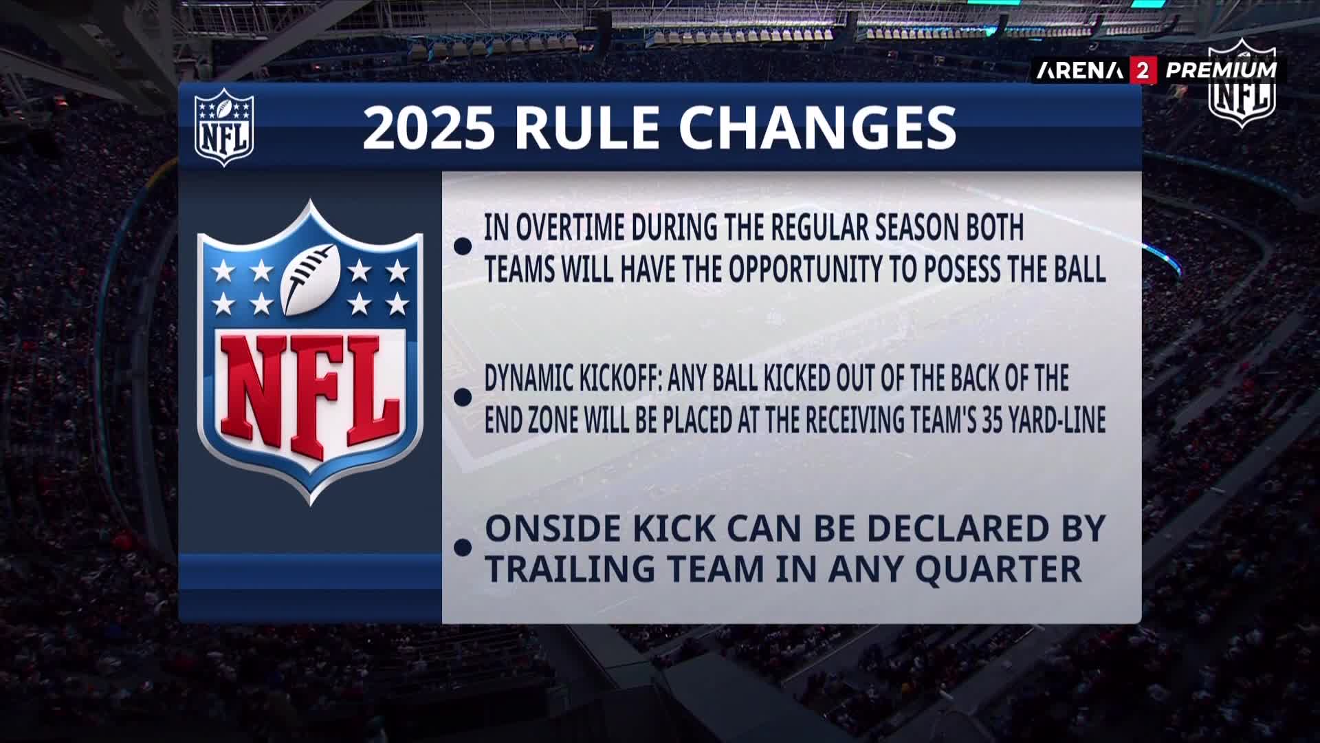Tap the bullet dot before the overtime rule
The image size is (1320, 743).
point(463,246)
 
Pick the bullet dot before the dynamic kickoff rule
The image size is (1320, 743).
point(463,396)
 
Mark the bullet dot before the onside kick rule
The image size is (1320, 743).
point(463,547)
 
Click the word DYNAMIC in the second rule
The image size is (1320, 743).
point(528,378)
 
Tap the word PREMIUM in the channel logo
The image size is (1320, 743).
point(1221,69)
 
